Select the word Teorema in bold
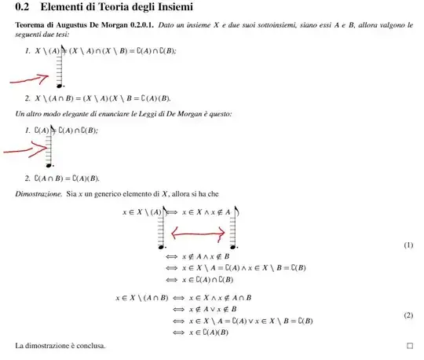[32, 26]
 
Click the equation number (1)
[408, 245]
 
